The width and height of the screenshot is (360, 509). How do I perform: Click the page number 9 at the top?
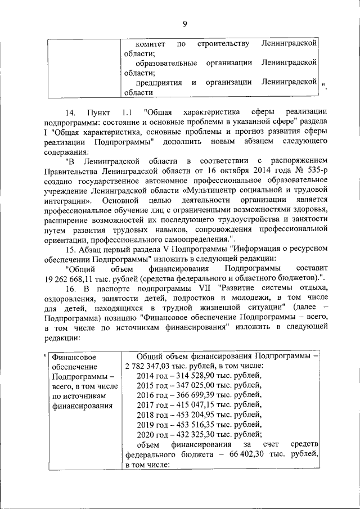pyautogui.click(x=184, y=23)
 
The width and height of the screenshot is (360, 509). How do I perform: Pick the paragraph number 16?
pyautogui.click(x=72, y=290)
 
